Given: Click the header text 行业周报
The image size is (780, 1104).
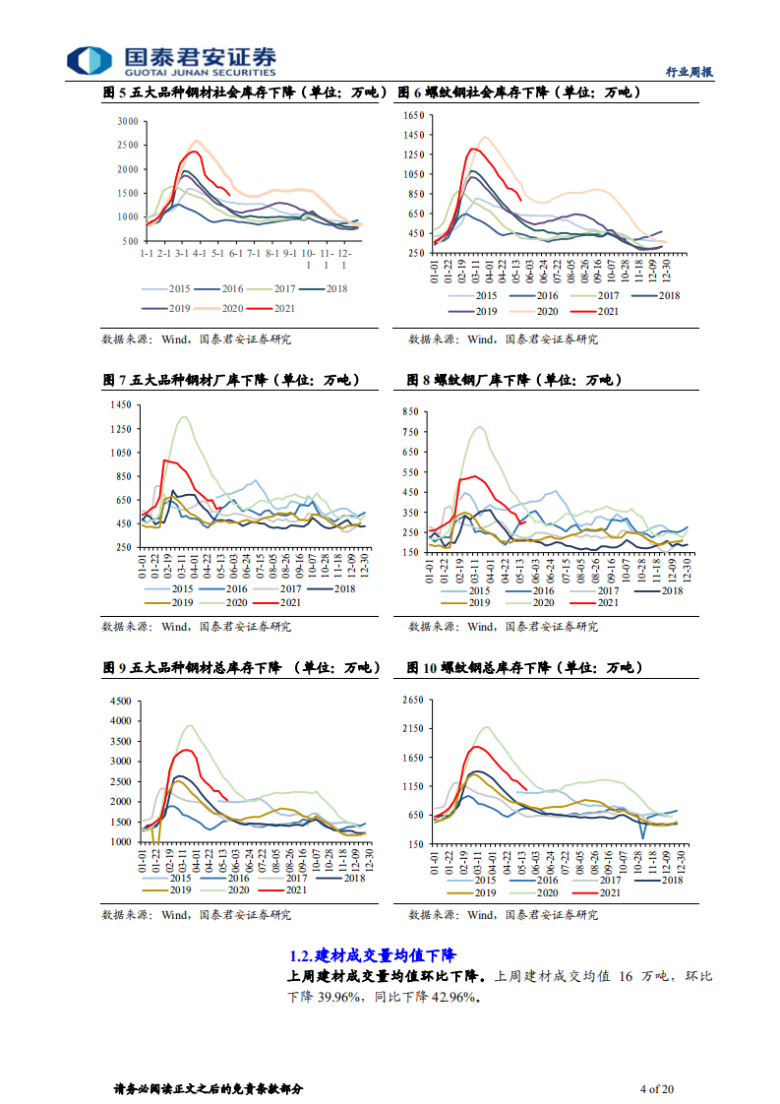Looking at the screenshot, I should (689, 72).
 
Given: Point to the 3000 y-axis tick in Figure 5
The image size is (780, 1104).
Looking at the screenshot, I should (127, 121).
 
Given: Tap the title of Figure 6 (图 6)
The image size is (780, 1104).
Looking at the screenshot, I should (518, 93).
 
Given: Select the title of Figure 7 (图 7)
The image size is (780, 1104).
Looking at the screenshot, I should (231, 380).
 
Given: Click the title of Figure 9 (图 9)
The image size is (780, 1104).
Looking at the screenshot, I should (241, 668).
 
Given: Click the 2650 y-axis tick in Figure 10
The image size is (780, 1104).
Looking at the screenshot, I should (411, 700).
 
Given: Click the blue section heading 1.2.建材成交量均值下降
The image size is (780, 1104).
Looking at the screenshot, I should (373, 955).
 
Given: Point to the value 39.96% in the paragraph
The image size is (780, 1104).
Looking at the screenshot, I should (341, 997).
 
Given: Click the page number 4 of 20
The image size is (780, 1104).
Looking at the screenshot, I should (656, 1089).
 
